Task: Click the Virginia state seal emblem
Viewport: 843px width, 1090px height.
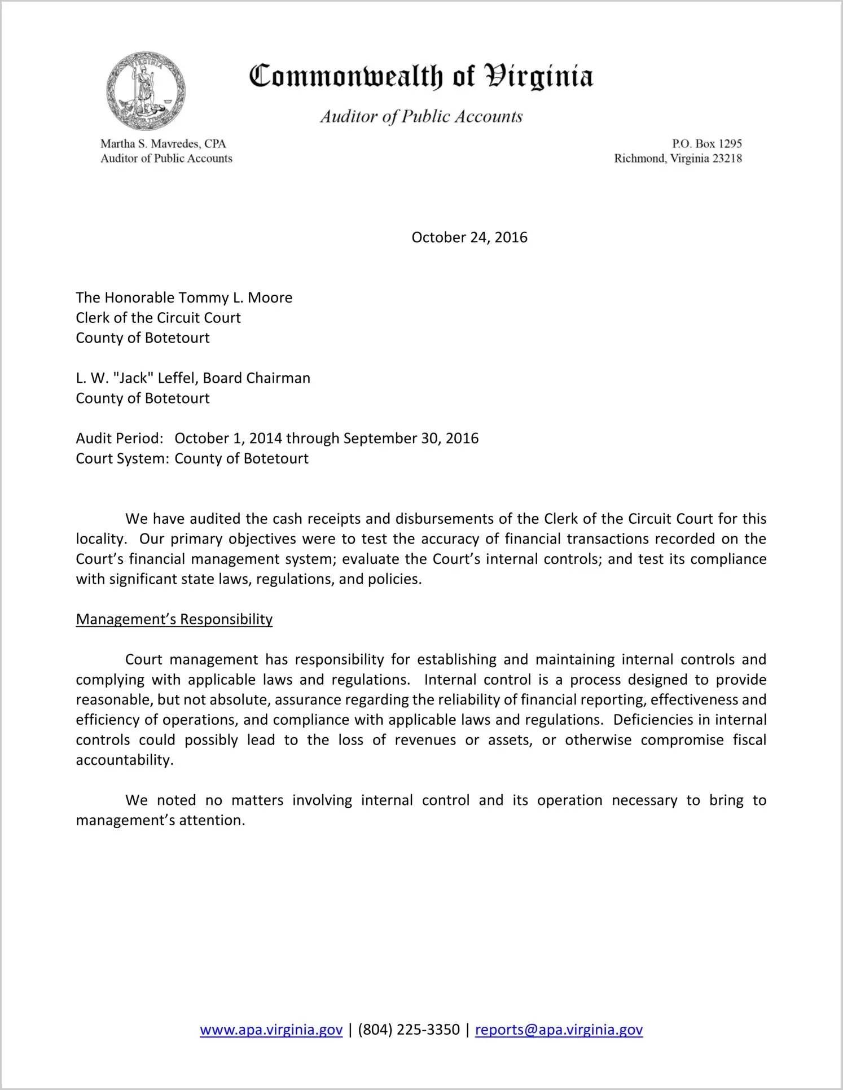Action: pyautogui.click(x=146, y=90)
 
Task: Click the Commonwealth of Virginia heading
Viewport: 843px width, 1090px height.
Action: pyautogui.click(x=421, y=76)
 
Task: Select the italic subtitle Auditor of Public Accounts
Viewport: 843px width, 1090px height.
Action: pyautogui.click(x=421, y=116)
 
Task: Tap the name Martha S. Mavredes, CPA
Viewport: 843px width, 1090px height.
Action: pyautogui.click(x=163, y=144)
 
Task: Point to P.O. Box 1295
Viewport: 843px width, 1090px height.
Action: pyautogui.click(x=706, y=144)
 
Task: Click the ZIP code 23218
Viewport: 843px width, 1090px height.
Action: pyautogui.click(x=727, y=159)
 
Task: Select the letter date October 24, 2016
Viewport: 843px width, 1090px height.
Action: pyautogui.click(x=469, y=238)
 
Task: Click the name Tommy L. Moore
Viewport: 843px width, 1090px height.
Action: pyautogui.click(x=235, y=298)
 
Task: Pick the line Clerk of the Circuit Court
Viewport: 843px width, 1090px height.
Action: pyautogui.click(x=159, y=318)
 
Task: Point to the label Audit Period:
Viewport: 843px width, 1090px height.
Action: pyautogui.click(x=120, y=439)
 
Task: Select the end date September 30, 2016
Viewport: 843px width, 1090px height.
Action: pyautogui.click(x=411, y=439)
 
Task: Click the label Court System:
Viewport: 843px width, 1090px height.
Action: pyautogui.click(x=122, y=459)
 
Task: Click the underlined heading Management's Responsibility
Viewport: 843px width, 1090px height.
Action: pyautogui.click(x=174, y=620)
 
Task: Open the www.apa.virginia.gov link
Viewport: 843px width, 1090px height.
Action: pyautogui.click(x=271, y=1030)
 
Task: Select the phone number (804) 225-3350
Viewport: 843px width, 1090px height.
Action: pyautogui.click(x=409, y=1030)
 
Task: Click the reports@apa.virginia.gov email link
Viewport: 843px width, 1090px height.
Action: pyautogui.click(x=559, y=1030)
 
